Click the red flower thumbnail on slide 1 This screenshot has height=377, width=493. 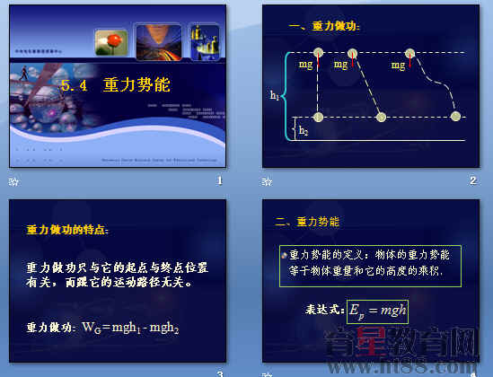click(x=112, y=42)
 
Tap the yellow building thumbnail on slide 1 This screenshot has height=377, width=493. click(x=204, y=41)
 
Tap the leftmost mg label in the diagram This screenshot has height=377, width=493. click(x=306, y=65)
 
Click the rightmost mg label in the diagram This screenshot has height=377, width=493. click(x=399, y=65)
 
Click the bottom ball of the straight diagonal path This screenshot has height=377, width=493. click(x=382, y=117)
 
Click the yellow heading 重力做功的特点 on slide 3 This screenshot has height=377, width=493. click(x=67, y=231)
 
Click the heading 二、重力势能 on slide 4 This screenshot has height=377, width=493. click(x=307, y=221)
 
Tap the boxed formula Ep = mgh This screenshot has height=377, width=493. click(x=377, y=311)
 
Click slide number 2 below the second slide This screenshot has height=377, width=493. click(x=472, y=181)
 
